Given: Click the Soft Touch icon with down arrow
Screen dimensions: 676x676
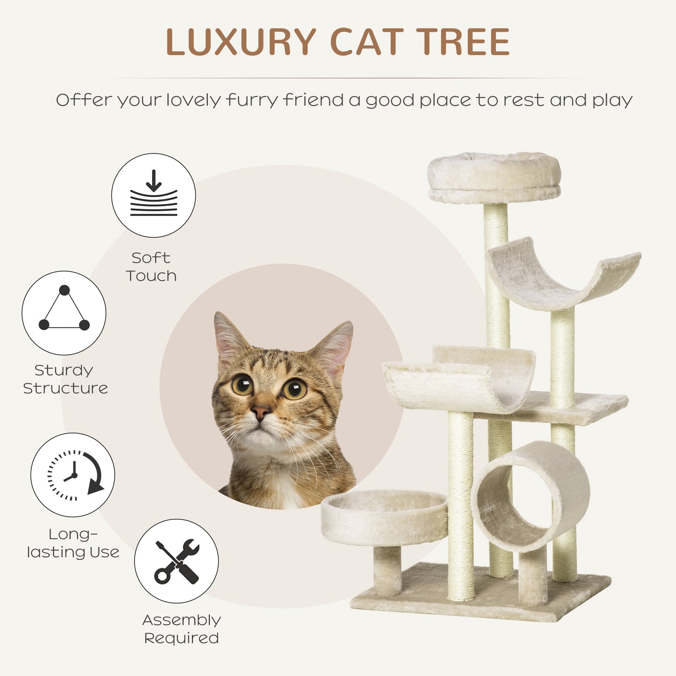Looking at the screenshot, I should (153, 196).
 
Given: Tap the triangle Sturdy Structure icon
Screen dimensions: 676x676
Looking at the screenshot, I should (64, 313).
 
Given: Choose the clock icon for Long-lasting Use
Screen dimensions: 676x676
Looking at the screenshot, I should (73, 475).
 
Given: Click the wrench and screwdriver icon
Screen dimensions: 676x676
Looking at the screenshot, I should (176, 561).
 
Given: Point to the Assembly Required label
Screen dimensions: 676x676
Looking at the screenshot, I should (182, 629).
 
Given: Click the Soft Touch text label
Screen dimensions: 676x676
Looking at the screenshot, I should (151, 267).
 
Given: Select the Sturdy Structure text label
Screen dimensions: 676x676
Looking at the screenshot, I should (65, 379).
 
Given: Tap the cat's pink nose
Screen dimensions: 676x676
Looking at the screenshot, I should (260, 412).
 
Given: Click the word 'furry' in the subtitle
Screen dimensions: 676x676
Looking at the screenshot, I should (252, 101).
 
